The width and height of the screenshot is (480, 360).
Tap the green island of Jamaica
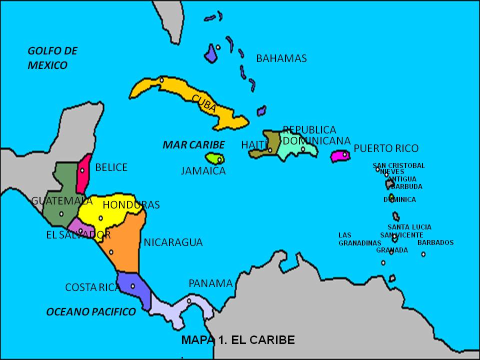tap(214, 159)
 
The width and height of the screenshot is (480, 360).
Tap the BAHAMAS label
tap(281, 58)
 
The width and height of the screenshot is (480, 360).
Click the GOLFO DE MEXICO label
tap(52, 58)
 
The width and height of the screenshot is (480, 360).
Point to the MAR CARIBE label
tap(193, 145)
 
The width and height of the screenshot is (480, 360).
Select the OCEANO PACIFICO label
tap(90, 312)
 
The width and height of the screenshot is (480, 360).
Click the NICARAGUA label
tap(173, 242)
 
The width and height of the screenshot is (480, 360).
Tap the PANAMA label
tap(210, 283)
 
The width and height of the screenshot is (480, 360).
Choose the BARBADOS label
tap(435, 243)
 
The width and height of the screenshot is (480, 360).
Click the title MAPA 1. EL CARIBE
tap(238, 340)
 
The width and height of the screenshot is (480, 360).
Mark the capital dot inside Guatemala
tap(61, 214)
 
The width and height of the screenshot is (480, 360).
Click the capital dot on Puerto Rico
tap(344, 154)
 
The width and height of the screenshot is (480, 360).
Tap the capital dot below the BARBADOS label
tap(423, 254)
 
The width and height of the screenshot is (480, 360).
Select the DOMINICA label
tap(399, 199)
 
